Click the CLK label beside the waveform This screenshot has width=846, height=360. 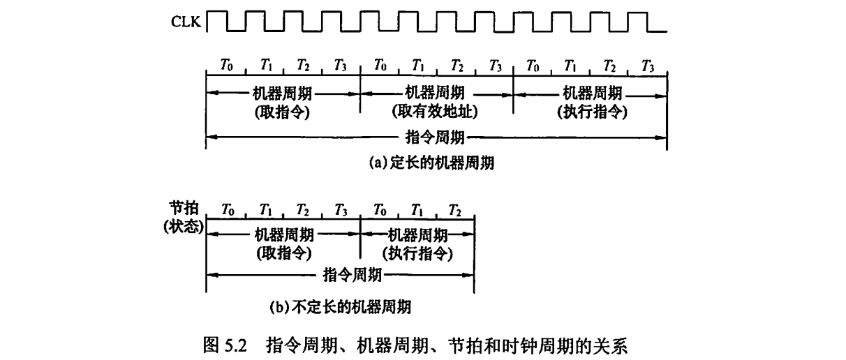(185, 22)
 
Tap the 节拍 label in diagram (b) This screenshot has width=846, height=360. (184, 209)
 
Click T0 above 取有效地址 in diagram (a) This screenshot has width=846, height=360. (380, 66)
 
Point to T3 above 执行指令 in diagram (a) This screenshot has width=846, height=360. (647, 66)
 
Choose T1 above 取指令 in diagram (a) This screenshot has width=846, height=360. (265, 66)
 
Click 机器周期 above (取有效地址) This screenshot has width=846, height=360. (436, 92)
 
